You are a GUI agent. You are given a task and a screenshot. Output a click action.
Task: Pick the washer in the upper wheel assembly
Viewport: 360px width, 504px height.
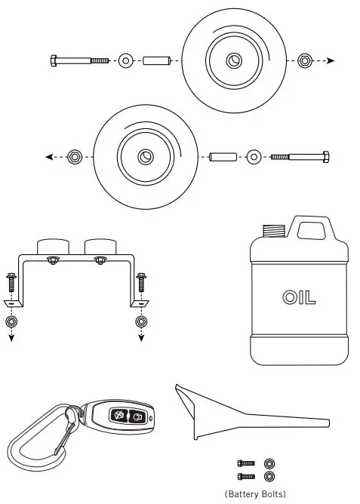click(125, 60)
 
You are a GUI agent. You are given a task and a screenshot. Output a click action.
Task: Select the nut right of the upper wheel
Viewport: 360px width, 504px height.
click(304, 60)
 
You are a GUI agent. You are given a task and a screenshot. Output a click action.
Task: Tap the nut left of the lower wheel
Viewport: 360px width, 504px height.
click(75, 157)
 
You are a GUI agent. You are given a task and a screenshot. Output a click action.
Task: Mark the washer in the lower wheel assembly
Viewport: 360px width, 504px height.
click(254, 157)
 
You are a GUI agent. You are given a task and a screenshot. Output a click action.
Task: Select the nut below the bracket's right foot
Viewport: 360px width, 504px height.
click(140, 322)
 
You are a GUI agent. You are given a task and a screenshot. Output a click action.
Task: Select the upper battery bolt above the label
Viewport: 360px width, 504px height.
click(245, 463)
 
